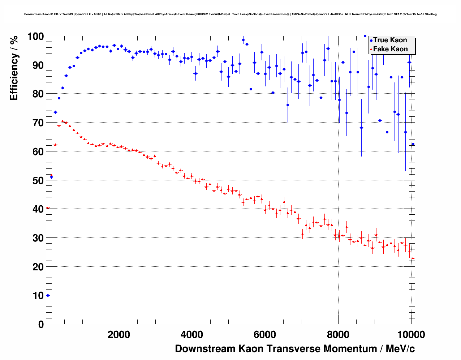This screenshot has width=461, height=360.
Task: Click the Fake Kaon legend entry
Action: click(390, 49)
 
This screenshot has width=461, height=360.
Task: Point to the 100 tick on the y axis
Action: click(35, 37)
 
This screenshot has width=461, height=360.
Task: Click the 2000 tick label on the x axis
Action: click(119, 335)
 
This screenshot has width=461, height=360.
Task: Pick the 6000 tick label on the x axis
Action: click(265, 335)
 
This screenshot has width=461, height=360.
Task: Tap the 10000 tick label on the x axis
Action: click(411, 335)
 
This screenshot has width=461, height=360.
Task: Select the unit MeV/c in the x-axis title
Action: click(400, 349)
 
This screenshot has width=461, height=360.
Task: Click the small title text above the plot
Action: click(231, 14)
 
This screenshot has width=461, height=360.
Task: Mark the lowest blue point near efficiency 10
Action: click(48, 295)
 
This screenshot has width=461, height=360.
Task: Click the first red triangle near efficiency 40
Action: click(48, 208)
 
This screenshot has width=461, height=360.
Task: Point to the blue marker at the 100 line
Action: click(365, 36)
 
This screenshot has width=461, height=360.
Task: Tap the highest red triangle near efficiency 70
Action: click(63, 121)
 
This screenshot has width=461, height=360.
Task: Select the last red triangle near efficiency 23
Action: click(413, 258)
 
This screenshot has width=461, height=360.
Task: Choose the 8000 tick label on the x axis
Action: click(338, 335)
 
